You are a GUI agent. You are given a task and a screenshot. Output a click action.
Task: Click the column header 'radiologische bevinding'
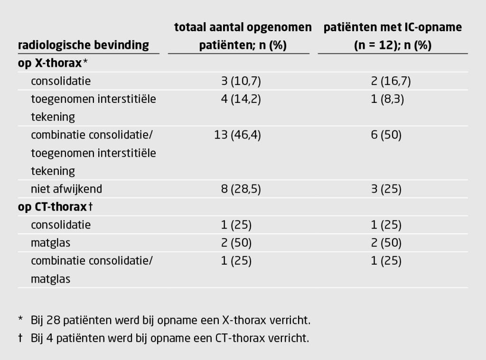coord(84,46)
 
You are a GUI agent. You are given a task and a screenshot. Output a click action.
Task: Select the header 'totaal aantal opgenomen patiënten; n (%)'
coord(243,36)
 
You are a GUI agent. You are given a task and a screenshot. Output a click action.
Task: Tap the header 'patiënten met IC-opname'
coord(393,28)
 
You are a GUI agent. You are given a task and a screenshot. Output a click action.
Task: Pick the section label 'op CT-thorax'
coord(53,207)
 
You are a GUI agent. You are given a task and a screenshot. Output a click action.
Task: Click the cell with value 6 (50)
coord(386,135)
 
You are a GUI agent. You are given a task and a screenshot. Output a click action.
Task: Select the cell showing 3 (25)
coord(386,189)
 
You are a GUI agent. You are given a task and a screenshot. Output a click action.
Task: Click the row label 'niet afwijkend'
coord(66,189)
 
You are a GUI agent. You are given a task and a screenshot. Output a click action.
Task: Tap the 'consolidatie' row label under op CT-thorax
coord(61,225)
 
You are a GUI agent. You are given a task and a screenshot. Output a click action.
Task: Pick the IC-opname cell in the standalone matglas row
coord(386,243)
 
